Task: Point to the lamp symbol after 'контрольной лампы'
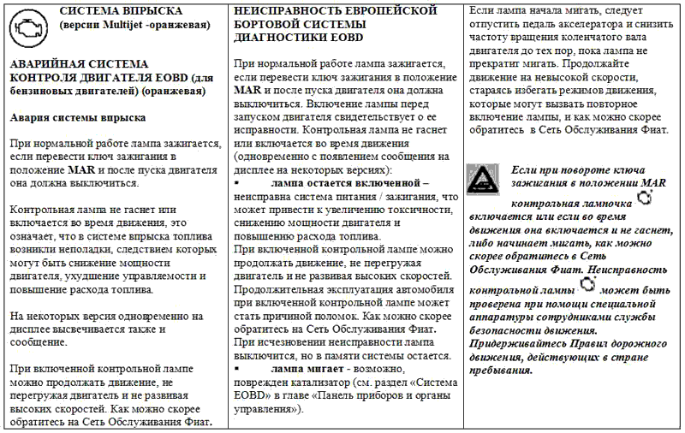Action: point(587,285)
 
